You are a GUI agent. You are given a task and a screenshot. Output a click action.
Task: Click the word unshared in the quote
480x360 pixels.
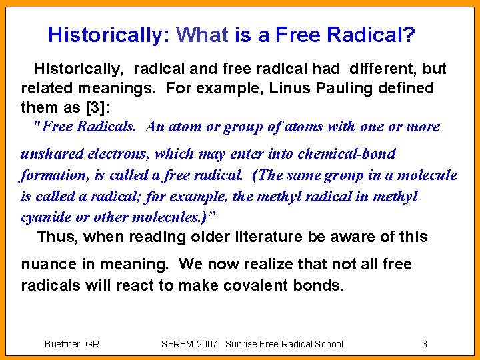[50, 154]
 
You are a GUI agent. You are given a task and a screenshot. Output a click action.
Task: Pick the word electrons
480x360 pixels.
[116, 154]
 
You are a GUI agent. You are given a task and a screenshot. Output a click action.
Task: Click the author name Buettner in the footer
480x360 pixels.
[62, 344]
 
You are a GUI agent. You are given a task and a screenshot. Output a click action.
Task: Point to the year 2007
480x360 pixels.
[207, 344]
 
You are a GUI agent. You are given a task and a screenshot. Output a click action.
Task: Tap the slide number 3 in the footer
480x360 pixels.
[425, 344]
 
